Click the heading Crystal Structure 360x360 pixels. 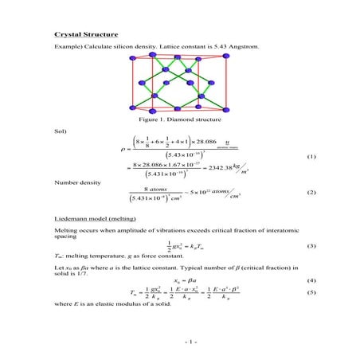click(x=86, y=35)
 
